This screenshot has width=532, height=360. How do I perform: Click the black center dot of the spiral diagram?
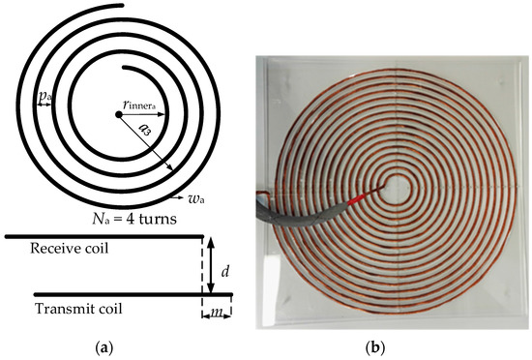[118, 113]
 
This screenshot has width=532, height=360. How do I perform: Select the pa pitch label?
[45, 98]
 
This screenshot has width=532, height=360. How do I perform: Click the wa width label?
[195, 199]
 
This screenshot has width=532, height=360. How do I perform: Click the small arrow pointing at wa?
[181, 195]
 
